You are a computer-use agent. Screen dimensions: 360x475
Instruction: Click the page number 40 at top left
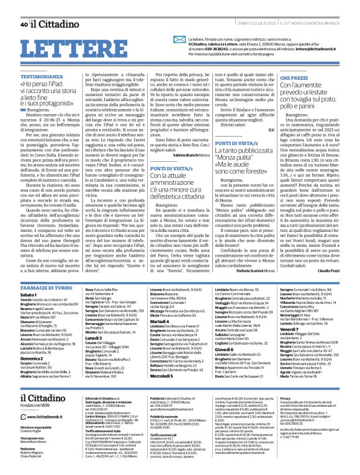coord(24,7)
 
